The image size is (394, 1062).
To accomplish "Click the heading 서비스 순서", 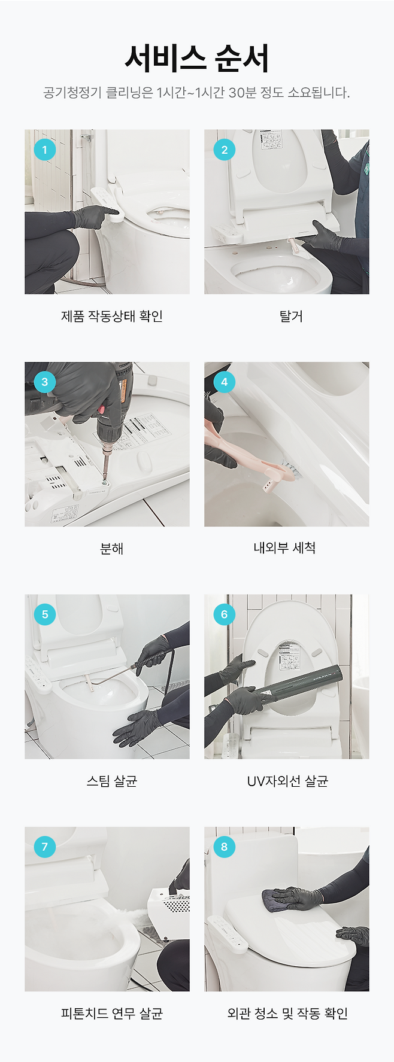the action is point(197,58).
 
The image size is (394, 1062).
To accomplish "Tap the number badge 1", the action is point(45,150).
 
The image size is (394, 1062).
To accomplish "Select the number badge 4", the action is point(225,382).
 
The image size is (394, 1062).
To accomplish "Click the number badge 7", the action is point(45,847).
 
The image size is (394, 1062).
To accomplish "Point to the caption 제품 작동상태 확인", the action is point(112,316).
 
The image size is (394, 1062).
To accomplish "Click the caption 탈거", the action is point(291,316).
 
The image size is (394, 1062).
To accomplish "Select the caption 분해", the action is point(112,548).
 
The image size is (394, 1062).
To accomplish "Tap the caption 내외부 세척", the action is point(285,548).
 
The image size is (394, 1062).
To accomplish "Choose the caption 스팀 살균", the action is point(112,781).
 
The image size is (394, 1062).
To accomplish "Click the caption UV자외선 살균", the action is point(287,781).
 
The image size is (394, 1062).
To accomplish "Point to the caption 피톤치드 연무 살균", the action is point(112,1013).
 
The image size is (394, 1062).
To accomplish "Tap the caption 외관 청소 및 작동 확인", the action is point(287,1013).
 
